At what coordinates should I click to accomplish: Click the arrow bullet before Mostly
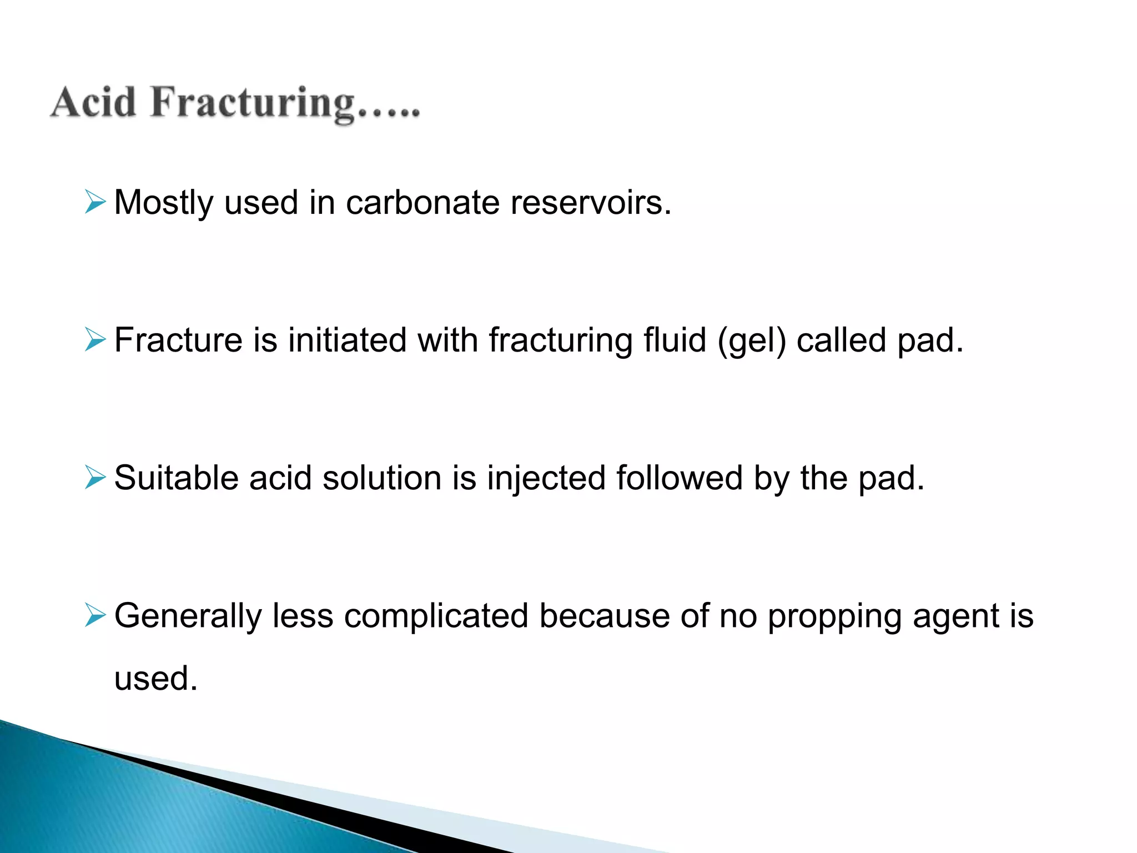(95, 202)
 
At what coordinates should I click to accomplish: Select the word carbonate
(422, 202)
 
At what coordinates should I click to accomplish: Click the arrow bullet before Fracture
(95, 339)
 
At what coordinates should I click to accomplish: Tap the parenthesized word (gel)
(752, 341)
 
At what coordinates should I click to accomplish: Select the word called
(841, 340)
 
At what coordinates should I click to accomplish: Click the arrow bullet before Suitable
(95, 477)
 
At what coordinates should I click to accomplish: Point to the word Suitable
(175, 478)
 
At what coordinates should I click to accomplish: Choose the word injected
(546, 479)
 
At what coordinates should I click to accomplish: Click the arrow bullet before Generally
(95, 615)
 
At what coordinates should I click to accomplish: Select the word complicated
(436, 616)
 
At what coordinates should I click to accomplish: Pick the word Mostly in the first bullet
(163, 203)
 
